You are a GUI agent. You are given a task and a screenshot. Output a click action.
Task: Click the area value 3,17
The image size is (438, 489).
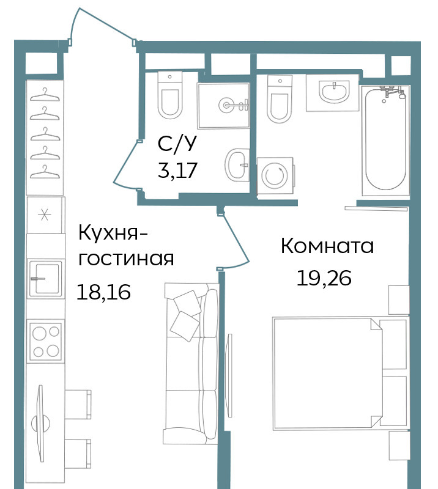(177, 171)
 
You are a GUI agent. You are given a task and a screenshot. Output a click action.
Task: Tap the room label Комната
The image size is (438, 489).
(327, 246)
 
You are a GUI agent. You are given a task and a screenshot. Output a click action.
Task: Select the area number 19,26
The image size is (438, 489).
(324, 278)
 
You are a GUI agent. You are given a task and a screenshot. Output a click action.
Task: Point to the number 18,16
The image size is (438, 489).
(103, 292)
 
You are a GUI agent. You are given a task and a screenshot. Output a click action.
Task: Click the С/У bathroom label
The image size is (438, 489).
(177, 144)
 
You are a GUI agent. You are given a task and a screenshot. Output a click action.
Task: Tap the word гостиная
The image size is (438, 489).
(126, 259)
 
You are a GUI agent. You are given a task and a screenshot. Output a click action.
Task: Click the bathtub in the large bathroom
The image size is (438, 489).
(385, 141)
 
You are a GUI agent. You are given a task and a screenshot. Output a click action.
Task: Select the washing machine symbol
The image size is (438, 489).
(275, 176)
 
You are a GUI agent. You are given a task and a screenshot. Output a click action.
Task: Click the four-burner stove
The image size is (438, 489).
(46, 341)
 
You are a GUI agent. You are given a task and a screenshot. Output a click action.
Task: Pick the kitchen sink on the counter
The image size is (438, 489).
(46, 278)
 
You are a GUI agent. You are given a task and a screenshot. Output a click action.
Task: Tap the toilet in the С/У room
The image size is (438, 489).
(170, 95)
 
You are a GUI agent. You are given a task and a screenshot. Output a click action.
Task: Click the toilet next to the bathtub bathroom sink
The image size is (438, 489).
(280, 99)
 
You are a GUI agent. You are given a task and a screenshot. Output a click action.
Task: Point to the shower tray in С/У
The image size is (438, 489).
(223, 105)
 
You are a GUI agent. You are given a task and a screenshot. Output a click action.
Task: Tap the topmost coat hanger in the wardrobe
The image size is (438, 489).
(45, 95)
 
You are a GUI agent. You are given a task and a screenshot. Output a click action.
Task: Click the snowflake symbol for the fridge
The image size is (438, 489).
(44, 215)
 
